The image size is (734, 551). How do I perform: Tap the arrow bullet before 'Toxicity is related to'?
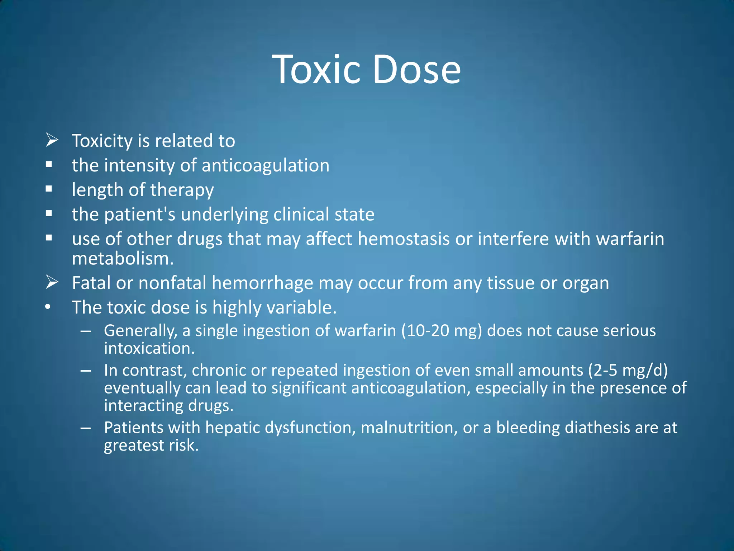[x=52, y=140]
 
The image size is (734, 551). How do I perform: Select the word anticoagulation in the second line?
[x=265, y=165]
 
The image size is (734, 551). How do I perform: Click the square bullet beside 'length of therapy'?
[x=49, y=189]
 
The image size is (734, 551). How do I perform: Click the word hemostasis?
[x=404, y=239]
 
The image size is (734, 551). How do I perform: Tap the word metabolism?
[x=123, y=258]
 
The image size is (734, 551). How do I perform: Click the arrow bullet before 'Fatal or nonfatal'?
[x=52, y=282]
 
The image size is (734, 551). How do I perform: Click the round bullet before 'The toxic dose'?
[x=48, y=307]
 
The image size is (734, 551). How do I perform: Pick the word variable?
[x=300, y=307]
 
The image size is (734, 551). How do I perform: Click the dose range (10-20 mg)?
[x=442, y=331]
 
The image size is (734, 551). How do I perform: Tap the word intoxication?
[x=149, y=348]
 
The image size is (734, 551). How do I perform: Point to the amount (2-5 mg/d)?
[x=628, y=370]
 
